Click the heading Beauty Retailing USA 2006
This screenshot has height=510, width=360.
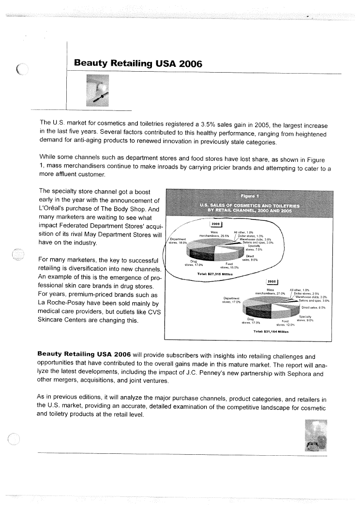[135, 63]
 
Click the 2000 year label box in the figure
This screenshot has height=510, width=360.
[215, 224]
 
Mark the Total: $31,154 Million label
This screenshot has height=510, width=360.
[270, 332]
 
